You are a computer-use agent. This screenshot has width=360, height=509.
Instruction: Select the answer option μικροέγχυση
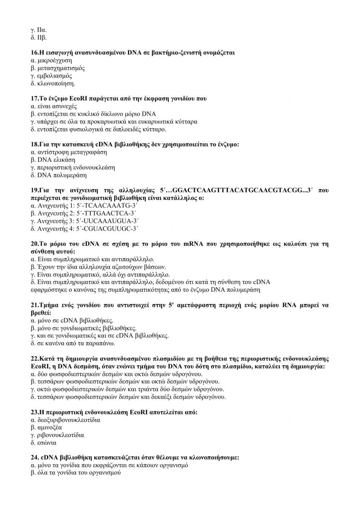[x=54, y=61]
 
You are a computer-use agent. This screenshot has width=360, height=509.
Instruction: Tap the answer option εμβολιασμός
[x=54, y=76]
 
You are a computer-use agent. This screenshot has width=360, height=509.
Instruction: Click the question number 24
[x=35, y=458]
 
